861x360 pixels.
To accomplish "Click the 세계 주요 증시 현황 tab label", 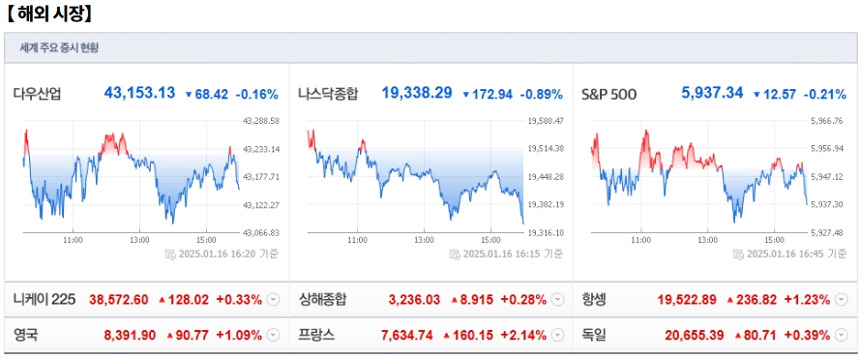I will click(59, 47).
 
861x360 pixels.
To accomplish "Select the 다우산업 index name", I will click(40, 94).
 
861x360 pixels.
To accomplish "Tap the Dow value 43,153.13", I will click(139, 93).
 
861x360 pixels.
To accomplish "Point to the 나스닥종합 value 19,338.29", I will click(417, 93).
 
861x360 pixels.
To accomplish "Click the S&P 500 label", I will click(608, 94).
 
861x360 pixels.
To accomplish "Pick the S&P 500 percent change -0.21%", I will click(825, 94).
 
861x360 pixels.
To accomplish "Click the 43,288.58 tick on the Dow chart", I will click(261, 121).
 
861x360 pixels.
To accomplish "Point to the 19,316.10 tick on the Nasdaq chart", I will click(547, 232).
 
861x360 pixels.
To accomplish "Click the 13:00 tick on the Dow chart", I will click(139, 239).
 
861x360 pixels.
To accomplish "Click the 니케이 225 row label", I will click(44, 299).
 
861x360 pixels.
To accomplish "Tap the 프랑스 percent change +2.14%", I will click(523, 336).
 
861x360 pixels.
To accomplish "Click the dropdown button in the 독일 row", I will click(842, 336).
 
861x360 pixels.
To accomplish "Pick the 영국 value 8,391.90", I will click(130, 336).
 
